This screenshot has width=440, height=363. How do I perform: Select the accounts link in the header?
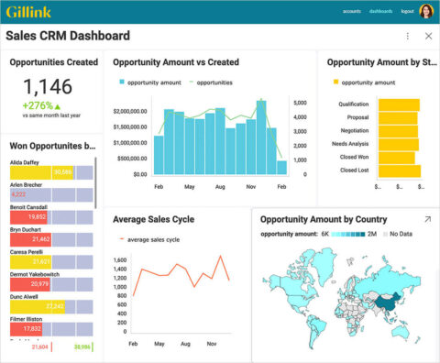coord(351,12)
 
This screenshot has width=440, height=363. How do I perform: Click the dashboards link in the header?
coord(380,12)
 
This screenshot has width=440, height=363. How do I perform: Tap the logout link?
coord(408,12)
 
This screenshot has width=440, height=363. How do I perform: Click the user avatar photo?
coord(427,12)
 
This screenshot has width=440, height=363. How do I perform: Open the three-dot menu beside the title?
coord(408,36)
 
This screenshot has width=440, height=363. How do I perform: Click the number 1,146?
coord(47,88)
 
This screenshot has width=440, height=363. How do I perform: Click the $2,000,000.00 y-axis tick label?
coord(129,111)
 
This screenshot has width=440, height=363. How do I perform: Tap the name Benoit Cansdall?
coord(31,207)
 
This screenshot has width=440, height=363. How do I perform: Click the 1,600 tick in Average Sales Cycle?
coord(118,259)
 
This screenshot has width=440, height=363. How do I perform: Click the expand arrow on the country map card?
coord(427,220)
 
